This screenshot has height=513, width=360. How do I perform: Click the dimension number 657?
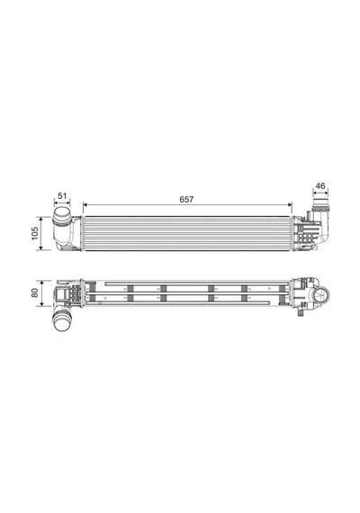186,199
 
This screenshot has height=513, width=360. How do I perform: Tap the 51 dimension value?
62,195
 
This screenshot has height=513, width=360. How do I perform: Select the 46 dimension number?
320,185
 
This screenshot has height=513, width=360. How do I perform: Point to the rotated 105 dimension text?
35,233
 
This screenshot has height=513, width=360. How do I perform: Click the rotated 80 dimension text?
35,292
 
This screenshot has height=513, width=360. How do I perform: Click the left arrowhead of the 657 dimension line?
85,205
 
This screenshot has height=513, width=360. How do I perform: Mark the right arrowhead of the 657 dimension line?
289,205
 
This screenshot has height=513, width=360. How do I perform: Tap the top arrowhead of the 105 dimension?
40,220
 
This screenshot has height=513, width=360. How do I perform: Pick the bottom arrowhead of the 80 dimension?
41,304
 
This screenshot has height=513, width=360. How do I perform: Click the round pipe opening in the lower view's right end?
321,295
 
